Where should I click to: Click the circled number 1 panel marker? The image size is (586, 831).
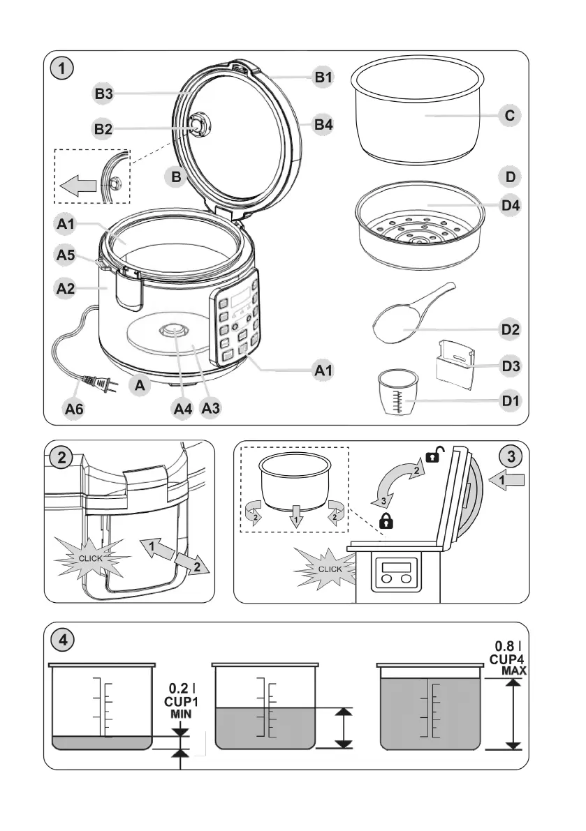(64, 69)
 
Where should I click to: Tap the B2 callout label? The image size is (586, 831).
(103, 128)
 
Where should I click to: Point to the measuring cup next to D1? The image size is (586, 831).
(397, 394)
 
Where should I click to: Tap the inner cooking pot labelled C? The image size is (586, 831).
(418, 112)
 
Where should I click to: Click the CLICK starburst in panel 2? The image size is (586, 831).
(91, 559)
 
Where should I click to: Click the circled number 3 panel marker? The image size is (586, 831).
(512, 458)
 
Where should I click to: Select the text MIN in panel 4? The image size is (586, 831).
(181, 714)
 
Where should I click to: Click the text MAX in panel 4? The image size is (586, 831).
(513, 671)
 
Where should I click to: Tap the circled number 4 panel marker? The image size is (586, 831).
(64, 638)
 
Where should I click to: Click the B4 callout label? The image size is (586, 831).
(323, 125)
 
